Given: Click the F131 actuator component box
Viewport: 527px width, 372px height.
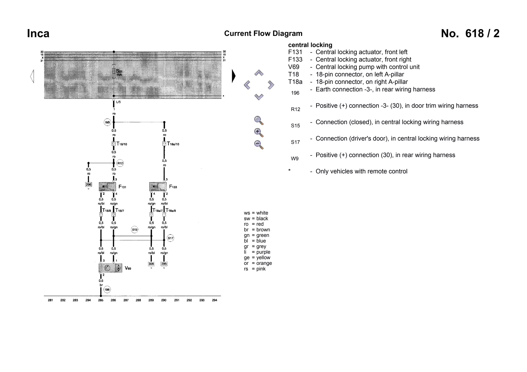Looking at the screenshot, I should [107, 187].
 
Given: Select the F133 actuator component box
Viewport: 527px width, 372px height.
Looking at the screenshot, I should [158, 187].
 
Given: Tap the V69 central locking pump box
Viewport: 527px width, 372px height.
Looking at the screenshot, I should [110, 268].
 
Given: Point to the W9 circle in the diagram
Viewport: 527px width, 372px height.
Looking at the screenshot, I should [107, 122].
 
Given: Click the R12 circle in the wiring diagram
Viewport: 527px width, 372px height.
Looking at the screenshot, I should [120, 163].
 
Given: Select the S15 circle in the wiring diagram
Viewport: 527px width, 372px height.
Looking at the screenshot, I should [135, 230].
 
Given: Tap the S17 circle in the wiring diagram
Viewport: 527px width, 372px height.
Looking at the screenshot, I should [170, 238].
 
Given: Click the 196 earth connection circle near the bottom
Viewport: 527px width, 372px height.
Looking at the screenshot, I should [107, 290].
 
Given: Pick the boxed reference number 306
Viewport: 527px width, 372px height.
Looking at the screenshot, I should [151, 264].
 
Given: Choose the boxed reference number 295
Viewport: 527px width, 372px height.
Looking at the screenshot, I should [164, 264].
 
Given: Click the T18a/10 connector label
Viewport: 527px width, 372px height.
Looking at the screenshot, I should [173, 144].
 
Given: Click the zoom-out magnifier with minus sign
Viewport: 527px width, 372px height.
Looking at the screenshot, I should [259, 145].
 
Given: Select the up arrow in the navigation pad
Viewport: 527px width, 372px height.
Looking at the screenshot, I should [259, 73].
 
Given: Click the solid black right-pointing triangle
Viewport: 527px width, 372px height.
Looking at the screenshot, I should [233, 76].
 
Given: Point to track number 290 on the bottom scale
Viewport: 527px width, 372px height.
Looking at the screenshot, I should [164, 300].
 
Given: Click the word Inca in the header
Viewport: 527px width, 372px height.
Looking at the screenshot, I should [38, 34].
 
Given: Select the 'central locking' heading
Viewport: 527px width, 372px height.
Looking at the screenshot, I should [310, 45].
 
